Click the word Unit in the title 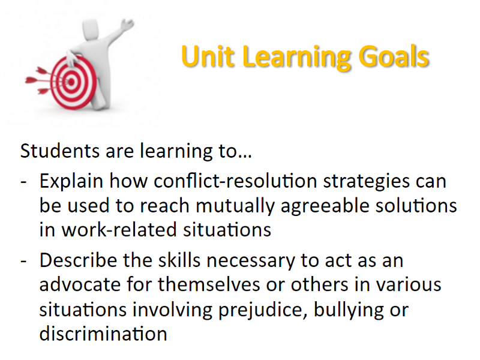[208, 56]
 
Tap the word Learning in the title [296, 58]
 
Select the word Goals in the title [394, 56]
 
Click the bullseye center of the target [71, 82]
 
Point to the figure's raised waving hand [127, 25]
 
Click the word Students [60, 151]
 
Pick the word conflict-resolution [235, 181]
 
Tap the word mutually [235, 206]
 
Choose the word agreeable [325, 206]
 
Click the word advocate [80, 284]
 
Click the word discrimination [103, 334]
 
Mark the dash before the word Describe [24, 262]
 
